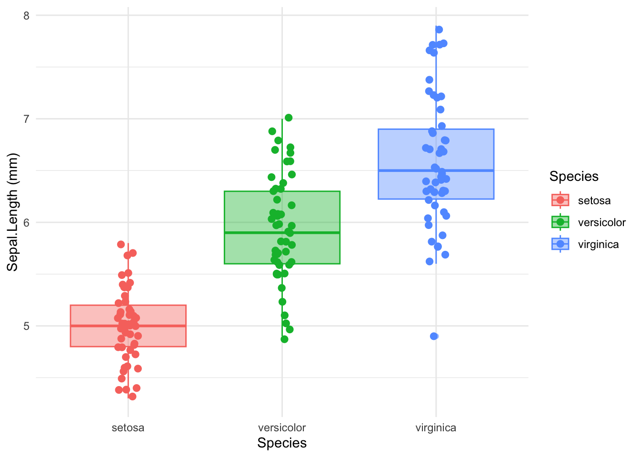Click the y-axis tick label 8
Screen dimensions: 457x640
[26, 16]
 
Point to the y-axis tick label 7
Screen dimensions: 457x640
[26, 119]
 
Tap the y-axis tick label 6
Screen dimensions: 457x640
[26, 222]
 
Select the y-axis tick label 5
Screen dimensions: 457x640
[26, 326]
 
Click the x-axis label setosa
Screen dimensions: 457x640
[128, 427]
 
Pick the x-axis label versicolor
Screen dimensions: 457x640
[282, 427]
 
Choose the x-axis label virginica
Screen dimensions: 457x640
[436, 427]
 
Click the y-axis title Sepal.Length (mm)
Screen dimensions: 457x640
[12, 212]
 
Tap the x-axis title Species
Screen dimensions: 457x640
[282, 443]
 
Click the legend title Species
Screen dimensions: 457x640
[574, 177]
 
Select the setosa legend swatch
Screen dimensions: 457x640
[560, 200]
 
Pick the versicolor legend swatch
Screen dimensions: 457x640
[560, 222]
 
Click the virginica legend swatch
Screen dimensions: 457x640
[560, 244]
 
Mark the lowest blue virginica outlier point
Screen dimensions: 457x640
[434, 336]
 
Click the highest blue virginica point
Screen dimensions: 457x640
[439, 30]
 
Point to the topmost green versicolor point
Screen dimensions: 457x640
[289, 118]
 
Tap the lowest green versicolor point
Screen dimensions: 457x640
[284, 339]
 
